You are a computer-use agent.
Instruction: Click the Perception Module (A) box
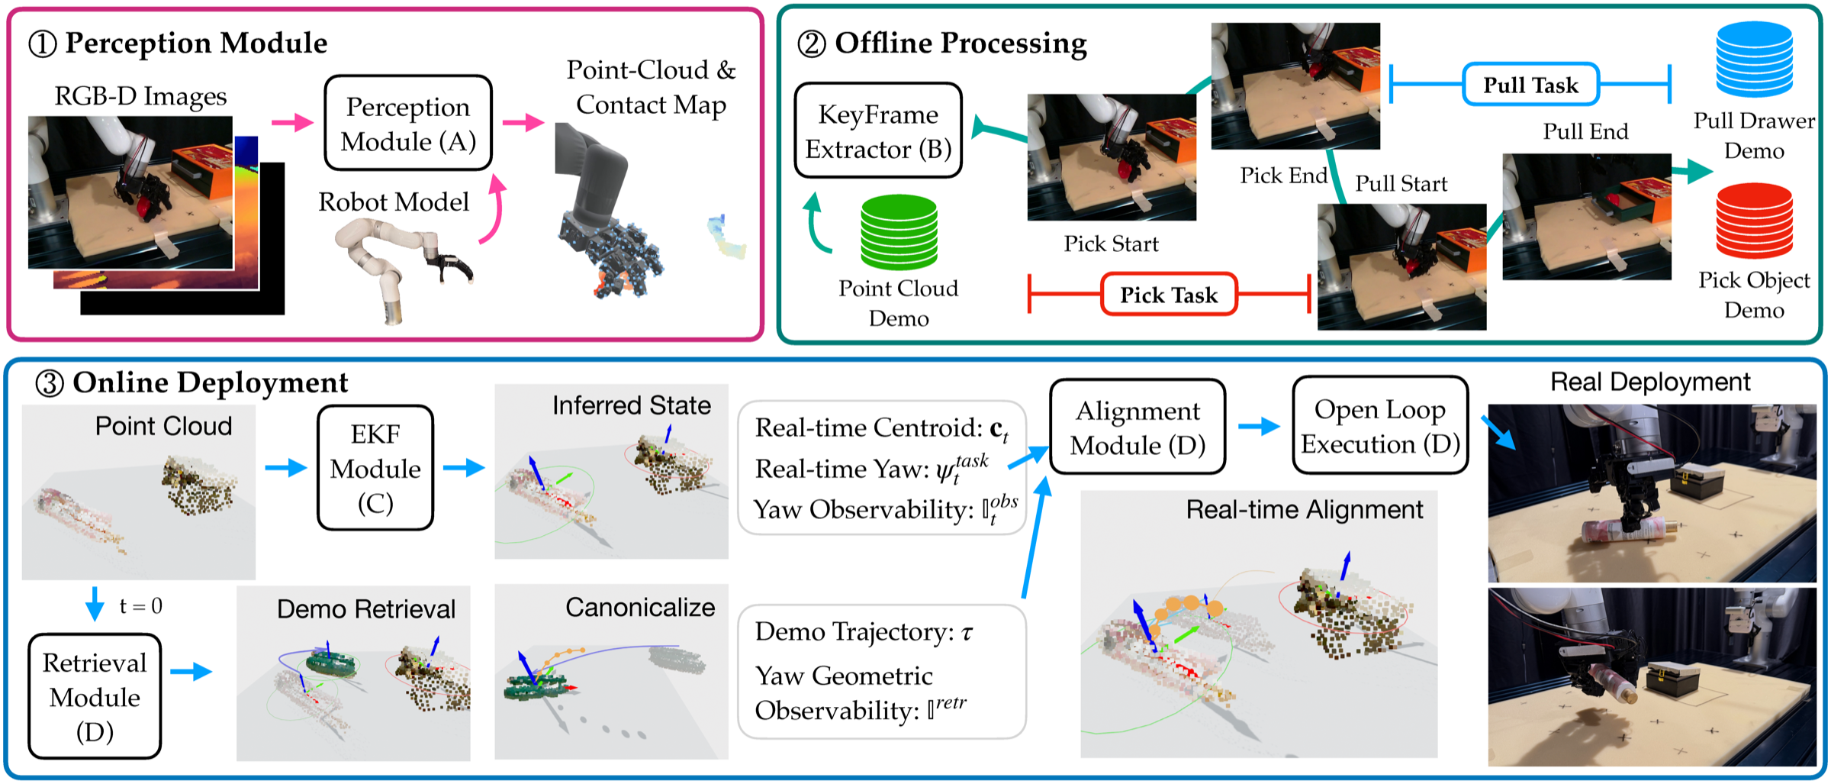[408, 124]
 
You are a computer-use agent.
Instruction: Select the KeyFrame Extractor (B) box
[878, 131]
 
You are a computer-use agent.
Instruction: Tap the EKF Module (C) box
[375, 468]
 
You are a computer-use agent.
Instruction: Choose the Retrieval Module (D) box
[95, 696]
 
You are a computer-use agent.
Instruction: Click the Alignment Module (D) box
[1138, 427]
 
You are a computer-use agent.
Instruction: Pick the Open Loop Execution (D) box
[1380, 426]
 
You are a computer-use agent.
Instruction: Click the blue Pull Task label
[1530, 85]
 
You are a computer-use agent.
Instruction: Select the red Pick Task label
[1168, 295]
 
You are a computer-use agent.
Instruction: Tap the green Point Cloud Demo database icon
[899, 232]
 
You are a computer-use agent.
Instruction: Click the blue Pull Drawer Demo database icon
[1754, 60]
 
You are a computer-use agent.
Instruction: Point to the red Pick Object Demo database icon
[1754, 221]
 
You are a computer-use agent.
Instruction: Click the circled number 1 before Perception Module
[43, 44]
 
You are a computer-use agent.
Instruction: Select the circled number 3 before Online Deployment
[50, 383]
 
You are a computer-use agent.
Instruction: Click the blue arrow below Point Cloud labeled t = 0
[95, 604]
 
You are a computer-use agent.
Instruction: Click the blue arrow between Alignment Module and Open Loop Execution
[1258, 426]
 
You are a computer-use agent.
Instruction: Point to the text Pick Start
[1111, 244]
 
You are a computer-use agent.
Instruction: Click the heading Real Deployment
[1650, 382]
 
